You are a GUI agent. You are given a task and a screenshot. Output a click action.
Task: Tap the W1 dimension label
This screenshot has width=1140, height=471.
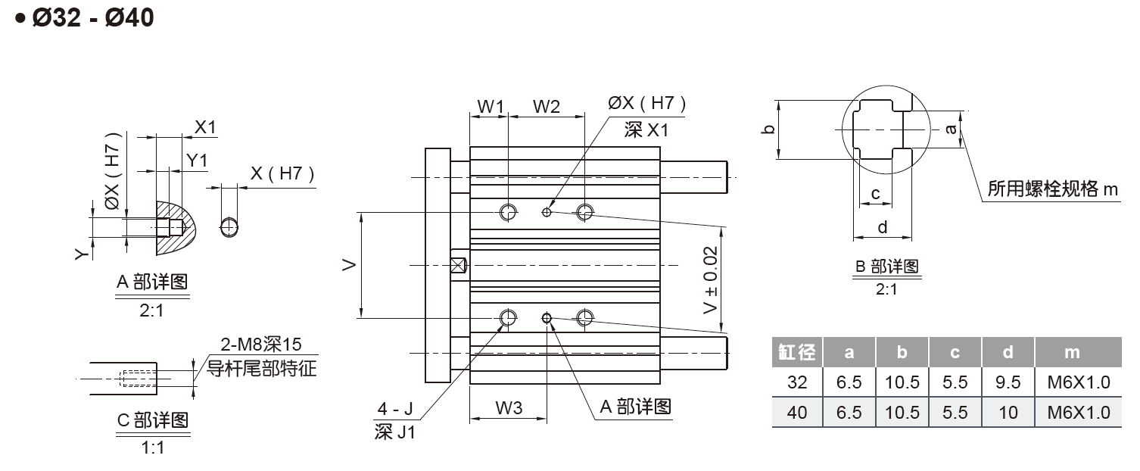(491, 107)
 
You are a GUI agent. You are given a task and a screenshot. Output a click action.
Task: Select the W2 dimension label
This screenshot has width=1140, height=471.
(546, 107)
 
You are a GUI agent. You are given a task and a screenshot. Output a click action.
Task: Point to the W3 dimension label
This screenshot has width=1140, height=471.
(509, 408)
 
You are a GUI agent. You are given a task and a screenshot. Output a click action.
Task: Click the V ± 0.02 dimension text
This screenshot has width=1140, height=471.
(711, 290)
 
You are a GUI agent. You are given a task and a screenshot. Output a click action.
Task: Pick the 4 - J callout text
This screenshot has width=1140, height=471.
(395, 410)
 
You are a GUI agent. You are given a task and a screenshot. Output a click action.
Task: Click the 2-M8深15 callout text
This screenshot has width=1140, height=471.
(260, 345)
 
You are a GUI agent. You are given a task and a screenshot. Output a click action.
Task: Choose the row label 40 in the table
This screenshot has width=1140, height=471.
(797, 413)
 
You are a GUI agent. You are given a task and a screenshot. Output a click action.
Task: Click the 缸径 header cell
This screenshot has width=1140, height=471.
(797, 352)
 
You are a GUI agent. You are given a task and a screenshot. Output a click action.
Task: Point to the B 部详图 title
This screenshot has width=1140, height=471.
(886, 267)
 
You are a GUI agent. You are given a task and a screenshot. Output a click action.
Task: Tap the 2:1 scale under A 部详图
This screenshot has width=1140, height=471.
(151, 310)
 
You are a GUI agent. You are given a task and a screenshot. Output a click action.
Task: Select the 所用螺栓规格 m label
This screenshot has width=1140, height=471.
(1052, 189)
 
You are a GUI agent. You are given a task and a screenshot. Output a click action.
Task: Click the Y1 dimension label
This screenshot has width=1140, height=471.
(197, 160)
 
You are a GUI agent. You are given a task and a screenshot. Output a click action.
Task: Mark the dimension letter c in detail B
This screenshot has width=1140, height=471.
(875, 193)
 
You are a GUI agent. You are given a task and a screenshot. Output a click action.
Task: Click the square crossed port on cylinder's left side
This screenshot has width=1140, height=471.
(458, 265)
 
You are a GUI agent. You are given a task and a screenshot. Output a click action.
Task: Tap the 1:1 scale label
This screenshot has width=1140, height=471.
(152, 448)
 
